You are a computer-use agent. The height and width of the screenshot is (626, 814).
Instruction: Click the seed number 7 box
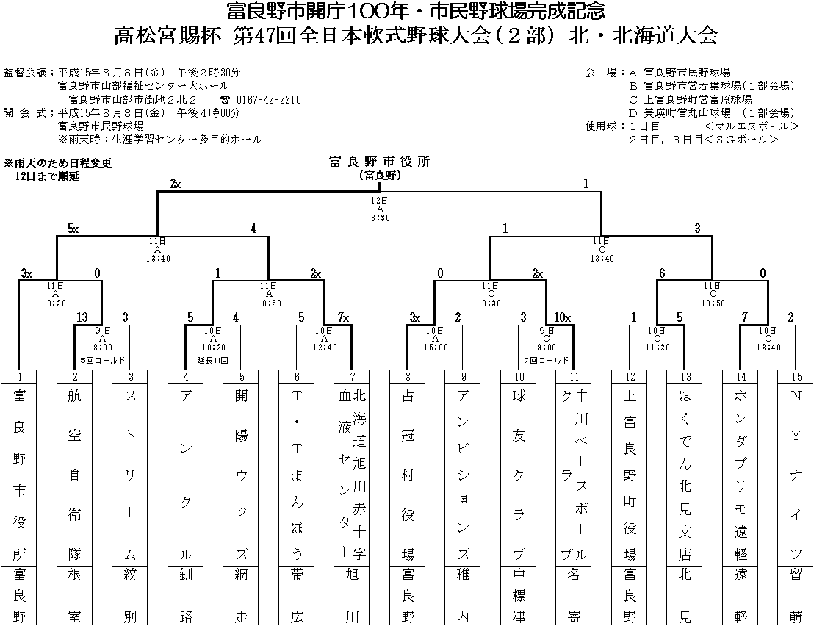[353, 376]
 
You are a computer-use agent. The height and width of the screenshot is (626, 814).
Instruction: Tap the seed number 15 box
[796, 376]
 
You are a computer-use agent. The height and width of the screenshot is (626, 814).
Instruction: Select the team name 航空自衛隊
[75, 474]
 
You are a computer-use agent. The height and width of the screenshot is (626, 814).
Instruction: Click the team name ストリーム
[130, 474]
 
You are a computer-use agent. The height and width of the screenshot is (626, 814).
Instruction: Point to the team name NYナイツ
[796, 474]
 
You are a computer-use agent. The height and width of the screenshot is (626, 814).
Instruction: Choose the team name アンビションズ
[464, 474]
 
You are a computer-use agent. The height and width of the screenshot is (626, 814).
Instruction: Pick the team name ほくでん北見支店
[685, 474]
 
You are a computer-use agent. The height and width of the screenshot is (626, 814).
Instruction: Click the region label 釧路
[186, 595]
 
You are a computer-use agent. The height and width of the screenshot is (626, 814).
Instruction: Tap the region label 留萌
[796, 595]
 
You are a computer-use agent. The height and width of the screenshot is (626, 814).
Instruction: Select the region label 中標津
[519, 595]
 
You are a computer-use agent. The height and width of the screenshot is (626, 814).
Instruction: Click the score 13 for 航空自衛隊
[82, 317]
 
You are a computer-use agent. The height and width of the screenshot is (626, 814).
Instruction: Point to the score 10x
[563, 317]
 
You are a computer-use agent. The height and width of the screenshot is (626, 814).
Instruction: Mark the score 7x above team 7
[343, 317]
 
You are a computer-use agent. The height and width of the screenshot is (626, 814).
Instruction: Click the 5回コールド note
[102, 361]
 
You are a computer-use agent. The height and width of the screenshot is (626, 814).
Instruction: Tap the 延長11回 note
[213, 361]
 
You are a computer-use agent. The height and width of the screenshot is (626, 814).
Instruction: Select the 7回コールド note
[547, 361]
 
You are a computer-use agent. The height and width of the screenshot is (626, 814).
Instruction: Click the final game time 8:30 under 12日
[380, 218]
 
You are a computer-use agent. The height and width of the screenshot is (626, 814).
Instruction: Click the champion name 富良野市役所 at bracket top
[379, 162]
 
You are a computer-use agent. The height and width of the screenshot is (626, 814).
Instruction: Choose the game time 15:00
[436, 347]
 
